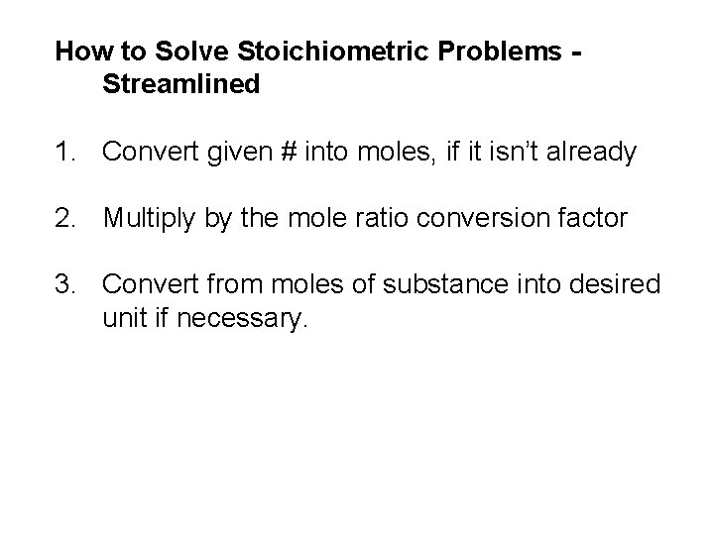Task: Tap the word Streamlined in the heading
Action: (180, 84)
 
